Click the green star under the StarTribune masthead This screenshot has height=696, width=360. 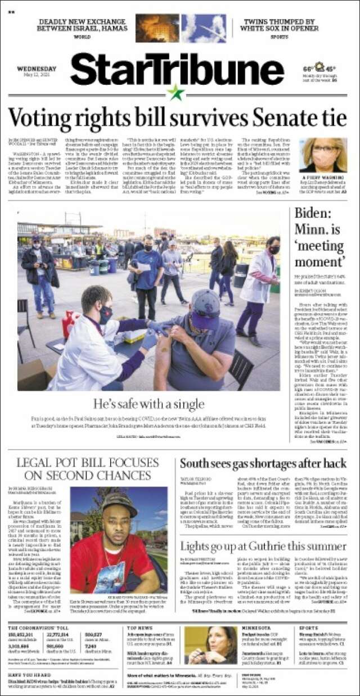coord(176,93)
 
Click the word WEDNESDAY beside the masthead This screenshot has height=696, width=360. coord(37,69)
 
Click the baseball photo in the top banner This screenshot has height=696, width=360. coord(203,28)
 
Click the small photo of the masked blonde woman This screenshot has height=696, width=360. coord(323,155)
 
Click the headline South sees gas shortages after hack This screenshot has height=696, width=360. coord(263,464)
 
